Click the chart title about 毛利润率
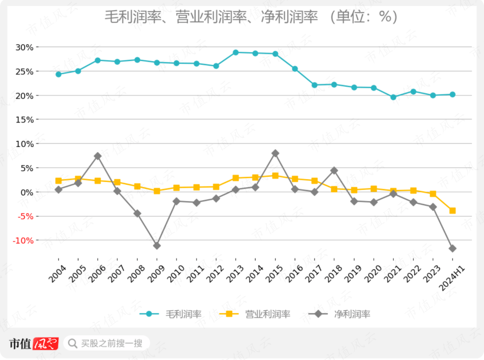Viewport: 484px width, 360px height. [251, 17]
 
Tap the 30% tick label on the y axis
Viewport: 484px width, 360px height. [24, 47]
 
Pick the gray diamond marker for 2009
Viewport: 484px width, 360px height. [157, 246]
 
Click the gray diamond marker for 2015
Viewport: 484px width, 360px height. [275, 153]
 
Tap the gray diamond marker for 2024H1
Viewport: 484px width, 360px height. [453, 248]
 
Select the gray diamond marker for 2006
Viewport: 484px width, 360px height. [98, 156]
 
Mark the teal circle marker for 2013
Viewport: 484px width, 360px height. [236, 52]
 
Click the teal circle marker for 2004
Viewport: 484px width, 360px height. [58, 74]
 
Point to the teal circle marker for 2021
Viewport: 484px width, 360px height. [393, 97]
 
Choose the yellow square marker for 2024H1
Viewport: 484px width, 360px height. [453, 211]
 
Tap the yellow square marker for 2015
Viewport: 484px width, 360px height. [275, 176]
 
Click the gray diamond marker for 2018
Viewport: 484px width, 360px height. [334, 170]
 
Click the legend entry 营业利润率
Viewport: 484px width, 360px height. [258, 314]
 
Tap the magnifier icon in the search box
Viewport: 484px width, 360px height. [73, 344]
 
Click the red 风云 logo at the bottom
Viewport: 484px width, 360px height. [46, 344]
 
